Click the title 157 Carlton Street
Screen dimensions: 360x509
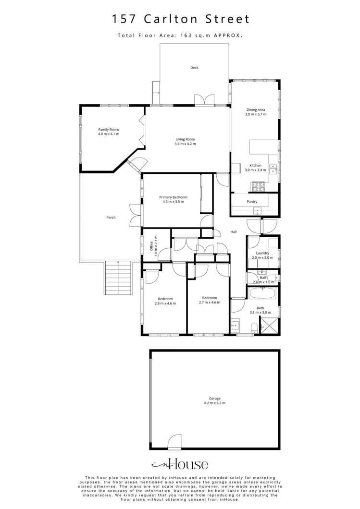pos(181,19)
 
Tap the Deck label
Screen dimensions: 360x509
pos(194,68)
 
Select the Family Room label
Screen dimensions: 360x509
pos(109,130)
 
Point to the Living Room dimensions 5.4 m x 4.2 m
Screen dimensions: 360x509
pos(185,144)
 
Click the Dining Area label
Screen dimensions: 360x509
pos(256,109)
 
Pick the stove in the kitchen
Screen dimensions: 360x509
pos(259,187)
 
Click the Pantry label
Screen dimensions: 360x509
pos(252,202)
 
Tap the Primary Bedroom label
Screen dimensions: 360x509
pos(173,197)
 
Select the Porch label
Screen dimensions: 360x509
pos(111,218)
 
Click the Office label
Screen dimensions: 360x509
pos(151,246)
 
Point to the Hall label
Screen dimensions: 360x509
pos(233,232)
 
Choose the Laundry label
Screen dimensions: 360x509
pos(262,253)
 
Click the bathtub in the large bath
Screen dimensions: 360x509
pos(262,294)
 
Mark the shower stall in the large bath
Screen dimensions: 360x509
pos(269,326)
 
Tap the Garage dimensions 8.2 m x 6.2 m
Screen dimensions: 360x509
pos(215,403)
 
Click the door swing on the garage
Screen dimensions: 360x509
pos(174,441)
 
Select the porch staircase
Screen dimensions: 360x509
pos(118,278)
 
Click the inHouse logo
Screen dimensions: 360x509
pos(180,464)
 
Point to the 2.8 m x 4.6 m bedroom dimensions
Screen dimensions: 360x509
pos(165,303)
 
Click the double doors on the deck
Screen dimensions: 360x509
pos(204,100)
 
